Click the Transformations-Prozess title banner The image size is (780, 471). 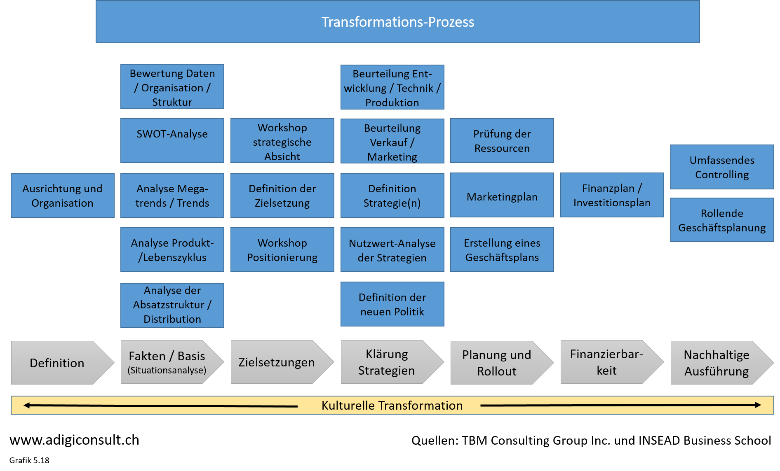(397, 22)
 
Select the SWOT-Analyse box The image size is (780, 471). (172, 140)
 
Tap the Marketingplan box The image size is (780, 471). (502, 195)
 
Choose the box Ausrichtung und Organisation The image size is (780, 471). (62, 195)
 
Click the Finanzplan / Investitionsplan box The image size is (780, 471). (612, 195)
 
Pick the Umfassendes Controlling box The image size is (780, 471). (722, 167)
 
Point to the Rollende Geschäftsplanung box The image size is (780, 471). (722, 220)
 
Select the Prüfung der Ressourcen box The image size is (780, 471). (502, 140)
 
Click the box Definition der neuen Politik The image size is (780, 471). (392, 304)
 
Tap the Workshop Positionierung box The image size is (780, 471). (282, 249)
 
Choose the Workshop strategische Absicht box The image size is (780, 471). (282, 141)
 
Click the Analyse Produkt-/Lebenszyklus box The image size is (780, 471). (172, 249)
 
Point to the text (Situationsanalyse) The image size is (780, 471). (167, 370)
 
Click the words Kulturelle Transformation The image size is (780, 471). (392, 406)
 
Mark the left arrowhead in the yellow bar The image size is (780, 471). (26, 406)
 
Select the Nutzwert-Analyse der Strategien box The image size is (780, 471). (392, 249)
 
